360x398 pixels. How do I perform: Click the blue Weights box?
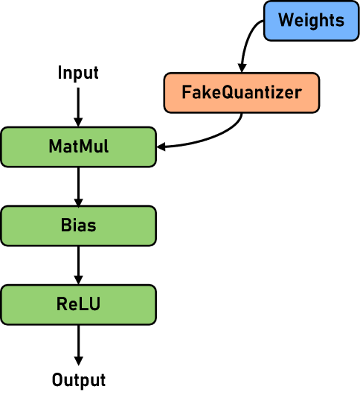pyautogui.click(x=311, y=21)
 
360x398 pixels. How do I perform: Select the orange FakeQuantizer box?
pyautogui.click(x=241, y=93)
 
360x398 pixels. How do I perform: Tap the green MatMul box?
pyautogui.click(x=78, y=147)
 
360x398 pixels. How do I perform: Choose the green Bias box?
pyautogui.click(x=78, y=225)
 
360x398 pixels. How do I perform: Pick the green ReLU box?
pyautogui.click(x=78, y=304)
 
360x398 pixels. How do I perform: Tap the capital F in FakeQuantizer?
pyautogui.click(x=186, y=93)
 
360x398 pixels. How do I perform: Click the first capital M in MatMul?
pyautogui.click(x=55, y=147)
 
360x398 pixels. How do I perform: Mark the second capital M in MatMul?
pyautogui.click(x=83, y=147)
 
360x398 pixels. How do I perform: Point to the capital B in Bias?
pyautogui.click(x=65, y=225)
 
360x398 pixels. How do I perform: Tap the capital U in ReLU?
pyautogui.click(x=94, y=304)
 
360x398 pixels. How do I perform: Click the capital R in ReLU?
pyautogui.click(x=62, y=304)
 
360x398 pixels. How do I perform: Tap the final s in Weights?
pyautogui.click(x=340, y=21)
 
